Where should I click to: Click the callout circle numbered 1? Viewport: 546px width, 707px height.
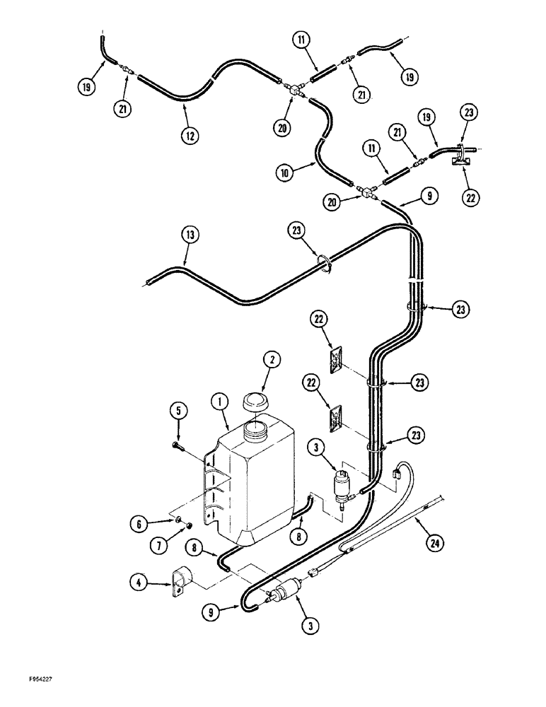(x=221, y=404)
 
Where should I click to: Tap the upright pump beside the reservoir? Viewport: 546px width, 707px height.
(x=343, y=486)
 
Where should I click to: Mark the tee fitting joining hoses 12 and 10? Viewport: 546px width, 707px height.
(x=295, y=90)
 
